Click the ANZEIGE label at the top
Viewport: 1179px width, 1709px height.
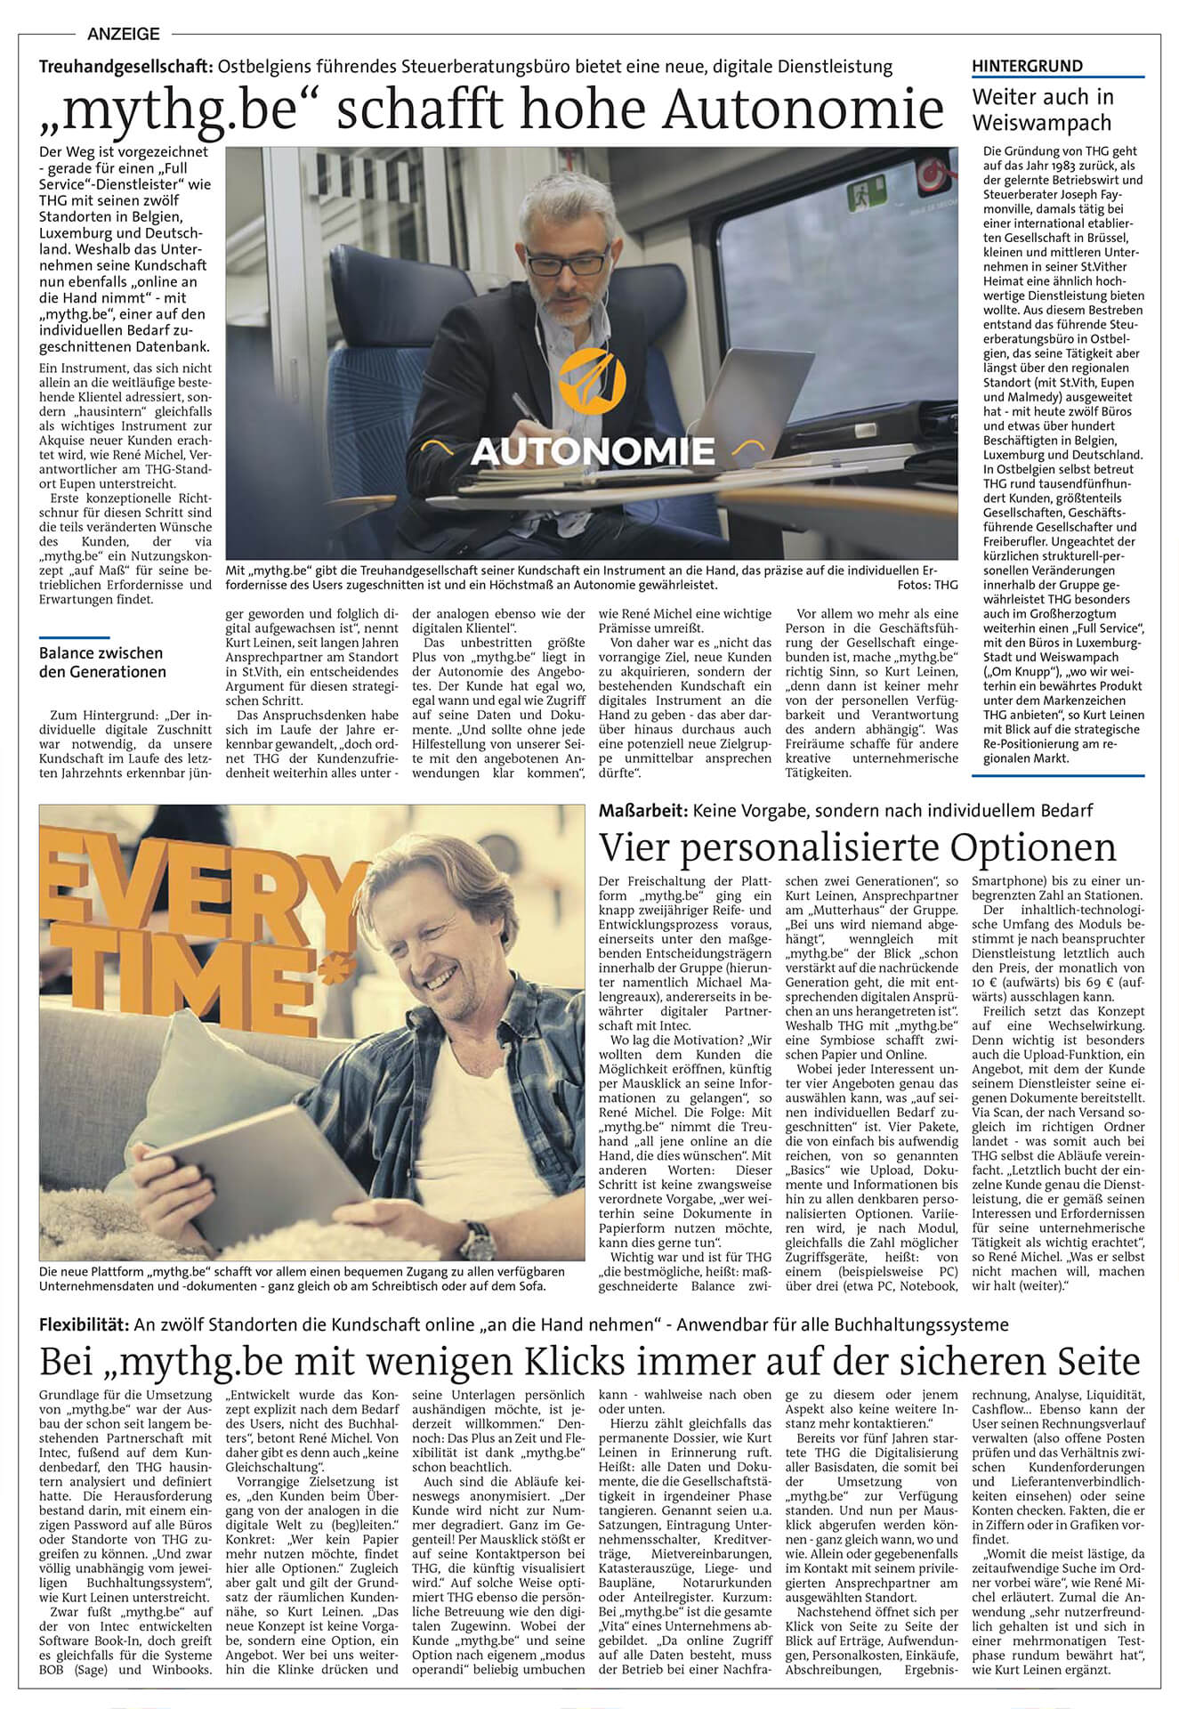[x=124, y=34]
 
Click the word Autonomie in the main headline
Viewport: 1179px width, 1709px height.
[x=803, y=109]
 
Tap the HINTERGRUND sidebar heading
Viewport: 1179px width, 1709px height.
[x=1027, y=66]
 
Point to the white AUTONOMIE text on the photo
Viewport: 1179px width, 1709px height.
[x=592, y=452]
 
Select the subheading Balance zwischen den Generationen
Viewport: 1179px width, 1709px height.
[x=102, y=662]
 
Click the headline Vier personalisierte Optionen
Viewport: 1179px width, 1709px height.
[x=858, y=846]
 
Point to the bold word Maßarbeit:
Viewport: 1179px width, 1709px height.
[x=643, y=810]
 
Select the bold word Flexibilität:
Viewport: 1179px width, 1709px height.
[x=85, y=1324]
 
